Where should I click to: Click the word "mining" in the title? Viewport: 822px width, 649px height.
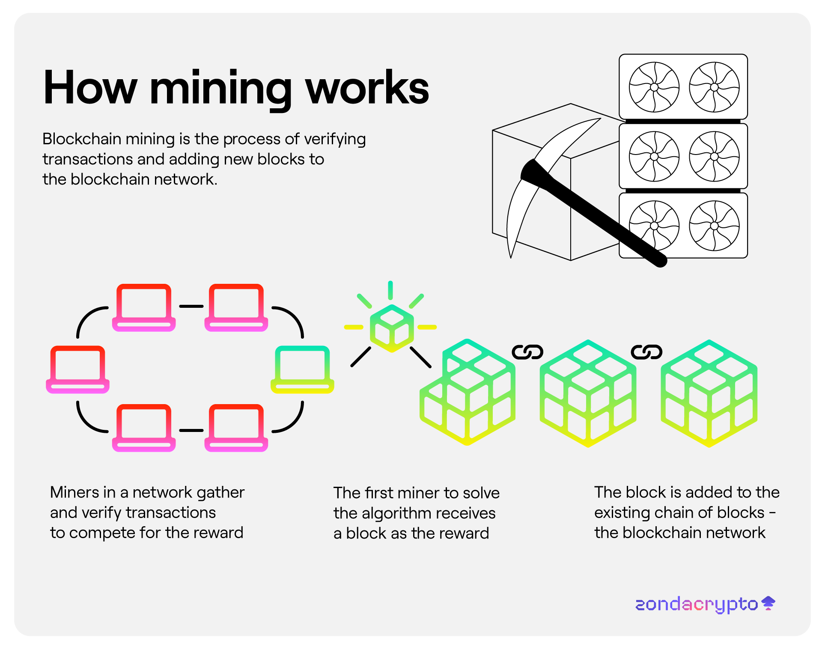220,89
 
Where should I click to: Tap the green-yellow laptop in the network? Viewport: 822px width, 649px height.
302,369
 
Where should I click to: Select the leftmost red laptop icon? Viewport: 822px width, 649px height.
77,369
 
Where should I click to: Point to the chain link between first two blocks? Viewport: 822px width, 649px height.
527,352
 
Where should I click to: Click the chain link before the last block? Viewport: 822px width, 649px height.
646,352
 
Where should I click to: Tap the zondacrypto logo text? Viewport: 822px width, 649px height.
697,604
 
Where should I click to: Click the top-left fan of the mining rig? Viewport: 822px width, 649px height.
654,87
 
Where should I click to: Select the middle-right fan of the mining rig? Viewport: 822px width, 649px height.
714,156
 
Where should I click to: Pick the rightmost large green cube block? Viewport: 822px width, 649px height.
709,393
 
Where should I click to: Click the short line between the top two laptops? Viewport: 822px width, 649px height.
191,306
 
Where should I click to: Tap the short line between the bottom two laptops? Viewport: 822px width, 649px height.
191,430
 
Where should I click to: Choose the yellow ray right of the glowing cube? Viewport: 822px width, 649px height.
427,327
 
